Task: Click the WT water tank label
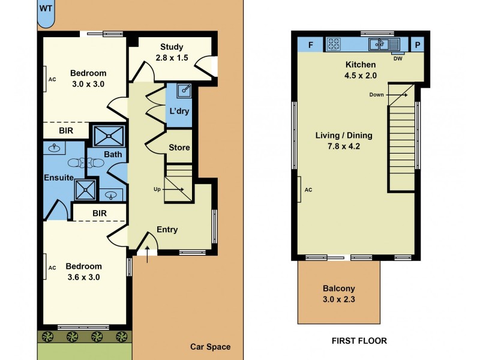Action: click(46, 8)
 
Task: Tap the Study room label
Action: click(172, 47)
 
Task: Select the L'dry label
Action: click(179, 111)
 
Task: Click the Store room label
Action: click(179, 148)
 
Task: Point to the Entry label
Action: click(167, 229)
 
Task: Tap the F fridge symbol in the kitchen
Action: click(311, 44)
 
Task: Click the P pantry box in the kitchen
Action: click(418, 44)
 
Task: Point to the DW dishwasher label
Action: click(397, 58)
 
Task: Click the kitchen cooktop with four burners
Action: click(333, 44)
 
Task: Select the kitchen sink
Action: click(384, 44)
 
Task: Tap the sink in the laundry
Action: click(185, 91)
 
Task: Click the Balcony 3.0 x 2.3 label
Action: click(339, 293)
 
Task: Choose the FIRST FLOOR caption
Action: click(359, 340)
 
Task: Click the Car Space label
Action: click(210, 347)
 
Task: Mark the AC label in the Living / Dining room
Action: click(309, 190)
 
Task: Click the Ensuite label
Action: click(58, 178)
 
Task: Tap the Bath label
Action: click(113, 154)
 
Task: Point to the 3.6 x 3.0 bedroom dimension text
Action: click(83, 277)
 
